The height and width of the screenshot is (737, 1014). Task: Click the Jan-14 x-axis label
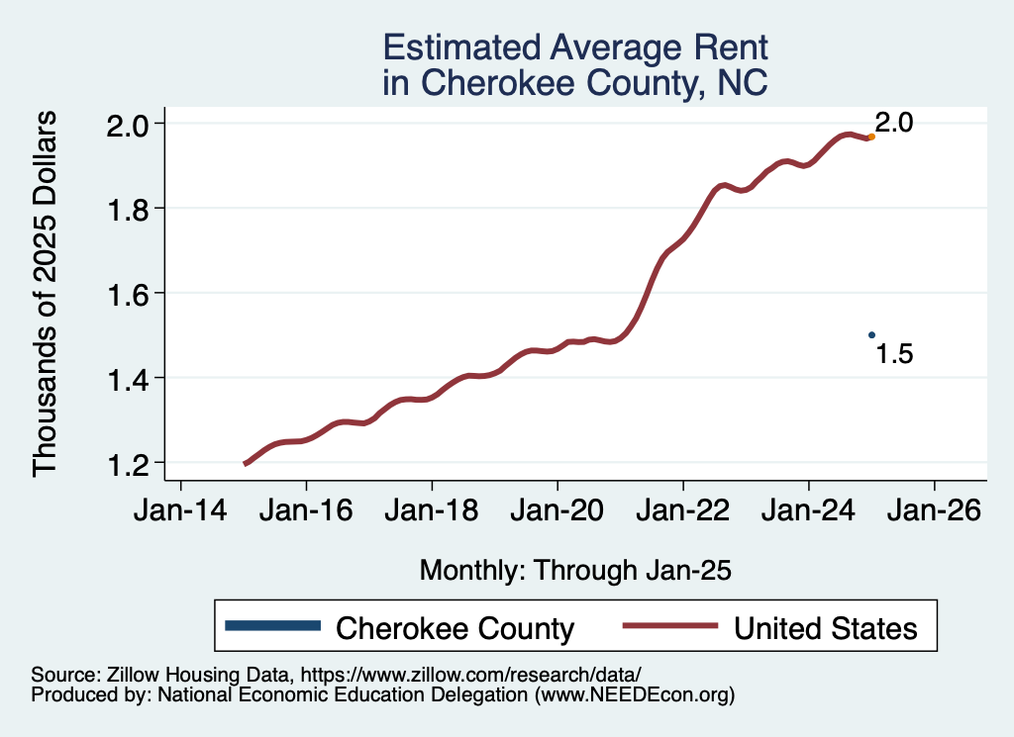(x=180, y=511)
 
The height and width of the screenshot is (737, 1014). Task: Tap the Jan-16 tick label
(x=306, y=511)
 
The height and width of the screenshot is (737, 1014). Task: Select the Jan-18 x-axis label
(x=432, y=511)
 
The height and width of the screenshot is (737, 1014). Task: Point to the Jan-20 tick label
(x=558, y=511)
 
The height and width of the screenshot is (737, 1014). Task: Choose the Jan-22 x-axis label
(x=683, y=511)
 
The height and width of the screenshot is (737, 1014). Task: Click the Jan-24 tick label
(x=809, y=511)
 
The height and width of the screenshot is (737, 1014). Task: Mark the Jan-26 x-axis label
(x=934, y=511)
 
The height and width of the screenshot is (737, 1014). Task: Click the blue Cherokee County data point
(x=871, y=335)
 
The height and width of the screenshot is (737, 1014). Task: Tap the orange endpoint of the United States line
(x=871, y=137)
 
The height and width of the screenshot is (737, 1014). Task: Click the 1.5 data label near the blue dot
(x=894, y=354)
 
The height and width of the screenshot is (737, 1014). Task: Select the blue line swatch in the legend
(x=273, y=625)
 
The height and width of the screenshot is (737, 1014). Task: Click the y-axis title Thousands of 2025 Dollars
(x=47, y=294)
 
